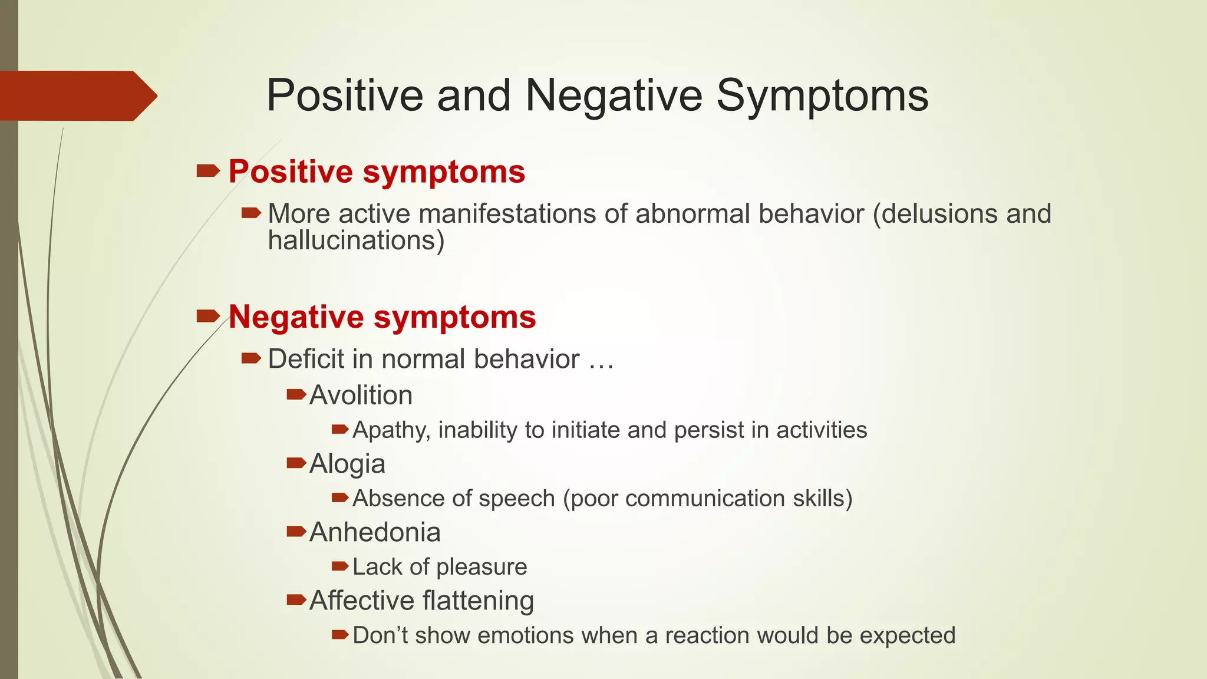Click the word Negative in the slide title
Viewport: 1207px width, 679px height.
(614, 95)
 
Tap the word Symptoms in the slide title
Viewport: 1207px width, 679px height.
(822, 95)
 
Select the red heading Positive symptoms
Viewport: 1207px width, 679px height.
(377, 172)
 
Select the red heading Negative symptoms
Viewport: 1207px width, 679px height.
(382, 317)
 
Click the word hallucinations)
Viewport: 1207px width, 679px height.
(356, 240)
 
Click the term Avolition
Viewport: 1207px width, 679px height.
(361, 395)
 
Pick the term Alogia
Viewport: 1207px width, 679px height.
(347, 464)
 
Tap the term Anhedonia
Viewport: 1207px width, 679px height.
(375, 532)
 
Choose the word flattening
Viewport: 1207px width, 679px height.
(478, 601)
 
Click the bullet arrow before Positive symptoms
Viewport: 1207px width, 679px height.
(207, 172)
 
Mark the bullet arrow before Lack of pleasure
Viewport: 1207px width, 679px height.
(340, 566)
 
